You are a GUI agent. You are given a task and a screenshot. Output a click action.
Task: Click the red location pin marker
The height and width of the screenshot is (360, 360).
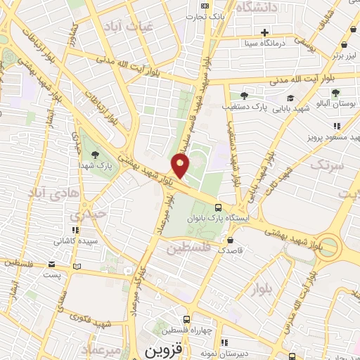[181, 166]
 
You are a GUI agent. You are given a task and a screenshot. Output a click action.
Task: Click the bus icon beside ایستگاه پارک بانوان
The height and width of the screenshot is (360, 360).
[219, 208]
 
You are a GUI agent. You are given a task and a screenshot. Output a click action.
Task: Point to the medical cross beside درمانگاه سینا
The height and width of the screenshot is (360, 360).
[264, 32]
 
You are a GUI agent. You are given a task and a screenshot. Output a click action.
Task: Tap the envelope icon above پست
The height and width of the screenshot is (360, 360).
[51, 266]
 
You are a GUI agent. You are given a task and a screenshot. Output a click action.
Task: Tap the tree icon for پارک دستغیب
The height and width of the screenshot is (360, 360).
[243, 96]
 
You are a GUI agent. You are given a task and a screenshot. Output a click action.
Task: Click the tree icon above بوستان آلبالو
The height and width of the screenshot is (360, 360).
[335, 92]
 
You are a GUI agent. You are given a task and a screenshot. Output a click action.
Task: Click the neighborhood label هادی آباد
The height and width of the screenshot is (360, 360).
[48, 191]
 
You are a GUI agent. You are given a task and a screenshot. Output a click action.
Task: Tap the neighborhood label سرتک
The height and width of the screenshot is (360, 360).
[328, 166]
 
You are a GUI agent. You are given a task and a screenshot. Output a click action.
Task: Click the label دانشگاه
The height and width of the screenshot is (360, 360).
[257, 7]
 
